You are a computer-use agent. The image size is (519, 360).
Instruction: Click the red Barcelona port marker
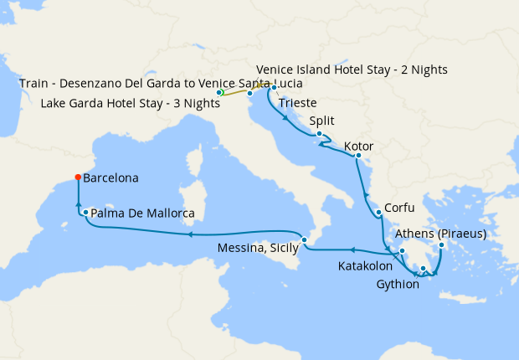coord(77,177)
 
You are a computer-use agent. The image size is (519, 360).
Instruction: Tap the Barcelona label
coord(110,178)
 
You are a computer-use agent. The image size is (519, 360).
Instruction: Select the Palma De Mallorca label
coord(142,214)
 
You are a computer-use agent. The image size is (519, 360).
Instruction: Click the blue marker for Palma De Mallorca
coord(85,213)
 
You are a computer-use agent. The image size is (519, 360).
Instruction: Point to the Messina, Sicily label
coord(256,248)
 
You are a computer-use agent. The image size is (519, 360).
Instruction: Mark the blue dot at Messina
coord(305,240)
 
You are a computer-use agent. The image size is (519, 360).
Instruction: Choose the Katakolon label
coord(365,266)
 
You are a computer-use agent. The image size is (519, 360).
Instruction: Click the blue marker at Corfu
coord(378,213)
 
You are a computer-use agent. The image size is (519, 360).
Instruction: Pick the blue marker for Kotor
coord(357,156)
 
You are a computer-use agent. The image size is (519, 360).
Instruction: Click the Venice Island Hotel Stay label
coord(351,69)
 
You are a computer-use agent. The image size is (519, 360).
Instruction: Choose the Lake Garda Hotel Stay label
coord(126,105)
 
